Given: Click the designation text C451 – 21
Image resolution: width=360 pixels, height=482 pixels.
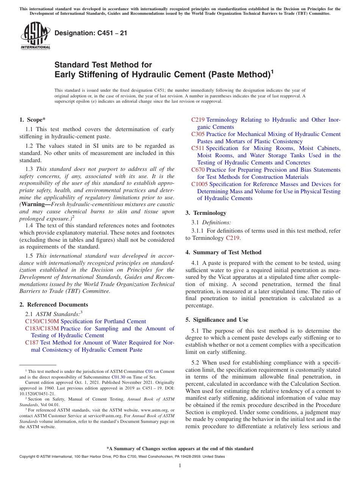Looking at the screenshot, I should pyautogui.click(x=91, y=33).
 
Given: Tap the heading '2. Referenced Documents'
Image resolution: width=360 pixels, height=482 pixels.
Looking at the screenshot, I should pyautogui.click(x=53, y=305).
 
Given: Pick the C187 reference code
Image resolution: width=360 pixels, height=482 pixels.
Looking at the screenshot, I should pyautogui.click(x=32, y=343).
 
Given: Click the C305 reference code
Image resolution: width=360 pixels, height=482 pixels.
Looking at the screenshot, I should pyautogui.click(x=198, y=134).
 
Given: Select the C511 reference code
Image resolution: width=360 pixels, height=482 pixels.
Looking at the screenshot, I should pyautogui.click(x=198, y=148).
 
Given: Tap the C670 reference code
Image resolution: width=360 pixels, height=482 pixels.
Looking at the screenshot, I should pyautogui.click(x=198, y=170).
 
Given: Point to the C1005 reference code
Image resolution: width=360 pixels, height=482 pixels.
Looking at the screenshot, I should pyautogui.click(x=199, y=184).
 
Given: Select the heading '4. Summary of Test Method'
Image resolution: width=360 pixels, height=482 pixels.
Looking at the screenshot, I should pyautogui.click(x=223, y=252).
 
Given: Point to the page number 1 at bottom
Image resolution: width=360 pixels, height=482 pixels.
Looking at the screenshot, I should pyautogui.click(x=180, y=465).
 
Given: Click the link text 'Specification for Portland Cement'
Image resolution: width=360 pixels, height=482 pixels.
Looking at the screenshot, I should pyautogui.click(x=103, y=321).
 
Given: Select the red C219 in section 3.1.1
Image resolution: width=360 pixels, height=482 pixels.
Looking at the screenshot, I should pyautogui.click(x=233, y=238).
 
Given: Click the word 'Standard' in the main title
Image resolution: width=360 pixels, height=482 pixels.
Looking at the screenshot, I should pyautogui.click(x=71, y=65).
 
